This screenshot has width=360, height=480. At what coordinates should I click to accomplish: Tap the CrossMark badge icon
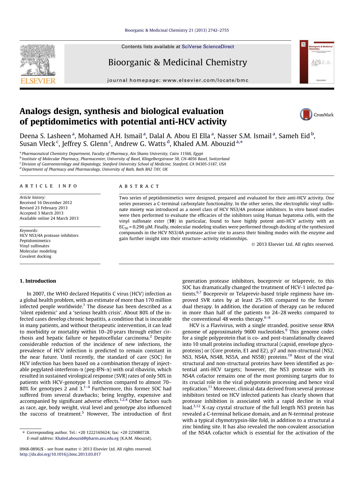coord(306,115)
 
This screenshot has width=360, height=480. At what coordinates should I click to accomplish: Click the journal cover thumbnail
coord(317,62)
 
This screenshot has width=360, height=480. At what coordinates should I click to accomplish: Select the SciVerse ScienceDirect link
coord(208,47)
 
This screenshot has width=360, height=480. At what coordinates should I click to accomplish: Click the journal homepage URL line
coord(178,80)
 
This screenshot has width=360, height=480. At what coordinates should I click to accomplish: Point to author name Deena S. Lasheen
coord(45,136)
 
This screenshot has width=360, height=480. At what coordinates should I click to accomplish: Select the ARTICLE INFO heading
coord(48,186)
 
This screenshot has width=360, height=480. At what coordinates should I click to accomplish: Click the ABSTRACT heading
coord(139,186)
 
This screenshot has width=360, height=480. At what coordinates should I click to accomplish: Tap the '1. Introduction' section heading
coord(38,281)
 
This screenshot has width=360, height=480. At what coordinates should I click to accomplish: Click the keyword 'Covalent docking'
coord(35,256)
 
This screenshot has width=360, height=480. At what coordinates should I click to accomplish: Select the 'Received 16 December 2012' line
coord(46,203)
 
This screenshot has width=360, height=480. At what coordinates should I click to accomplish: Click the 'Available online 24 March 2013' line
coord(49,218)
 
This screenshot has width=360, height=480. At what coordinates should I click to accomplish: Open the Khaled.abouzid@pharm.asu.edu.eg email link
coord(87,439)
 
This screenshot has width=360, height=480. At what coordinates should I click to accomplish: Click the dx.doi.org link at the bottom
coord(60,454)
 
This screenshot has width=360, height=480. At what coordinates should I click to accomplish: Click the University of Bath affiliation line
coord(95,169)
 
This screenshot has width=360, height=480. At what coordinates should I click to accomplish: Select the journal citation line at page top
coord(177,30)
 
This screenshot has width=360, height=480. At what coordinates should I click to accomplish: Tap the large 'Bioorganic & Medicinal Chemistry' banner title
coord(178,62)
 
